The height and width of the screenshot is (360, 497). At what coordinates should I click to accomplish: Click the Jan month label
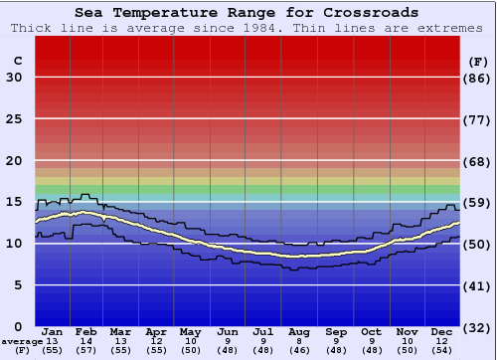pos(53,331)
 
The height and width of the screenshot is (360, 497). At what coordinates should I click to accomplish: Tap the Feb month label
pos(85,331)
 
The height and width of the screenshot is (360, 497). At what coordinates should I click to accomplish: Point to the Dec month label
pos(442,331)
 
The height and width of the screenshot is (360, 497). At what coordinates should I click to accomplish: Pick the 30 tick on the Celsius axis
pos(14,78)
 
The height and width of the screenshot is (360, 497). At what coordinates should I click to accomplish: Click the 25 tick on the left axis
pos(14,119)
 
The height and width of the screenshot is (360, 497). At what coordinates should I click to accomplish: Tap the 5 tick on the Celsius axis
pos(18,285)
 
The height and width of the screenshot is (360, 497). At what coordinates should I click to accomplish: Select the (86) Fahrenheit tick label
pos(478,78)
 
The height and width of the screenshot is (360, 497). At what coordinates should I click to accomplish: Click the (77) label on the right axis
pos(478,119)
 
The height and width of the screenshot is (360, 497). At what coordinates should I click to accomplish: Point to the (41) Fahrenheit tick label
pos(478,285)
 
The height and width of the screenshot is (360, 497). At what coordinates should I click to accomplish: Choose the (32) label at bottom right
pos(478,327)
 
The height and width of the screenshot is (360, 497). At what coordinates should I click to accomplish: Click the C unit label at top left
pos(17,61)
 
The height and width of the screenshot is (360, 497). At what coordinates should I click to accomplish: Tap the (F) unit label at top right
pos(478,61)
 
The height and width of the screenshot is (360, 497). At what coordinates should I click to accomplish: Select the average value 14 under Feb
pos(85,341)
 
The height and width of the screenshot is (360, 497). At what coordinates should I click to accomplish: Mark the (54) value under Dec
pos(442,350)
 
